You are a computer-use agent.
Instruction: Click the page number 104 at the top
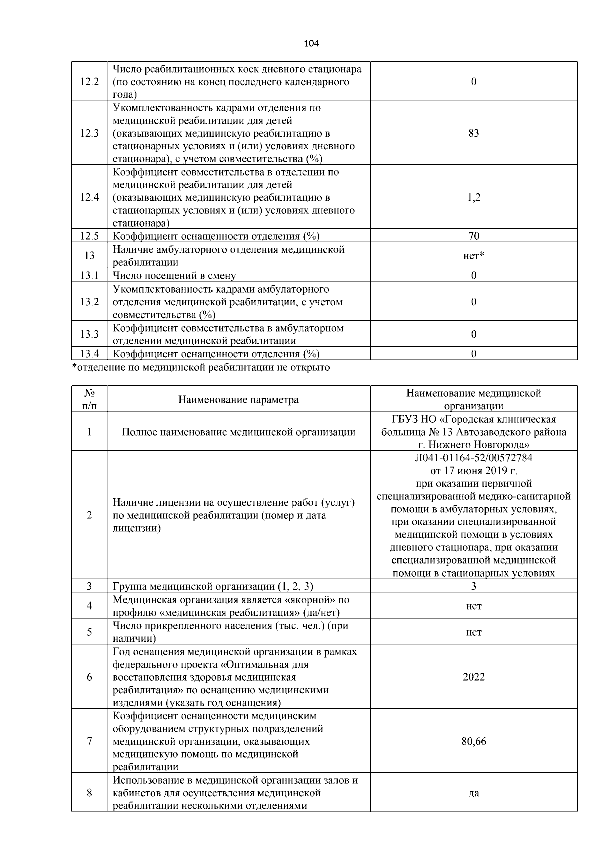click(312, 44)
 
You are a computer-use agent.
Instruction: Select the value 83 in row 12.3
click(473, 133)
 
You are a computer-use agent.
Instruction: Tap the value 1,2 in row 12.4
click(473, 197)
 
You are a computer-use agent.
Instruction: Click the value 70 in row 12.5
click(473, 236)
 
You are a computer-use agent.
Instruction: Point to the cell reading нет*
click(473, 256)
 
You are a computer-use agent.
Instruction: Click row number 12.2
click(89, 82)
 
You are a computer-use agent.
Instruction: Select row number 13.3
click(89, 334)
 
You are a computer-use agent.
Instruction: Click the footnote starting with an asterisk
click(201, 368)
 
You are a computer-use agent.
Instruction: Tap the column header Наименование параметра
click(238, 400)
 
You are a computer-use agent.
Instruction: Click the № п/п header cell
click(89, 400)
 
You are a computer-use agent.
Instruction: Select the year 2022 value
click(473, 677)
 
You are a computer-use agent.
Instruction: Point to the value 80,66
click(473, 741)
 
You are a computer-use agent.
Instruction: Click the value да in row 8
click(473, 793)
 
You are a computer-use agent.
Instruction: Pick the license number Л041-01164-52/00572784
click(473, 458)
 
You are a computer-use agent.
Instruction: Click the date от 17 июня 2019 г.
click(473, 471)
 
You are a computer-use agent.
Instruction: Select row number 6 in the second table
click(89, 677)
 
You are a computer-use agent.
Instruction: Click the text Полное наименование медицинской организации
click(238, 432)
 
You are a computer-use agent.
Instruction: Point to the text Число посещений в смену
click(174, 276)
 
